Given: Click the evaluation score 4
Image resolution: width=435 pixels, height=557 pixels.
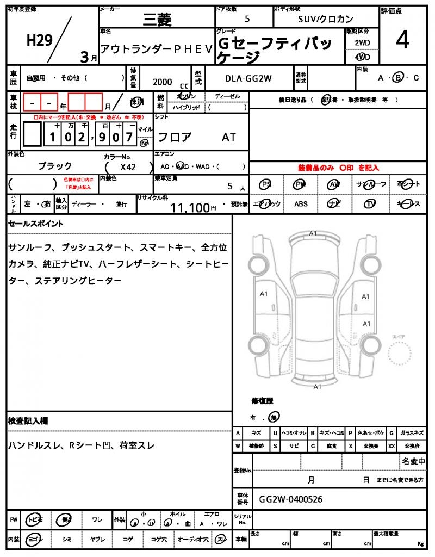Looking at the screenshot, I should tap(402, 41).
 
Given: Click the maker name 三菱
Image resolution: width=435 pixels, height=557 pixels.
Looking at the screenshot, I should tap(157, 20).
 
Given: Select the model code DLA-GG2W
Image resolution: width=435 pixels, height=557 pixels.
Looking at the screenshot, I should tap(248, 78).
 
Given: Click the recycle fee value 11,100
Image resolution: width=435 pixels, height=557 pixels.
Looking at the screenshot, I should tap(190, 207).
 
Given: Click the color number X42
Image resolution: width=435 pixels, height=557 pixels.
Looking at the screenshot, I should tap(128, 168).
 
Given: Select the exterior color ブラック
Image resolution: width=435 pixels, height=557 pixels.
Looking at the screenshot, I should tap(55, 166).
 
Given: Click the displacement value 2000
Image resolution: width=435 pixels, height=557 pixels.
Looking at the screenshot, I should tap(163, 82).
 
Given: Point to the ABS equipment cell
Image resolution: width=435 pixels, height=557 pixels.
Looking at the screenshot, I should tap(301, 204).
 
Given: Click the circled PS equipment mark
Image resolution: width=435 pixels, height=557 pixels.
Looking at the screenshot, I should tap(266, 184).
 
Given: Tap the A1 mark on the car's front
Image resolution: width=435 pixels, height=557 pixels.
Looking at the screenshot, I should tap(313, 234).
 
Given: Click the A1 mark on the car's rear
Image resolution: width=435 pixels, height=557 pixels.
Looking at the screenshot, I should tap(317, 387).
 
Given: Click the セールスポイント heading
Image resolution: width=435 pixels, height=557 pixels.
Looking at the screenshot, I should tap(36, 224).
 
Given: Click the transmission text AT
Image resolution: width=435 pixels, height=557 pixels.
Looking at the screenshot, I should tap(229, 138).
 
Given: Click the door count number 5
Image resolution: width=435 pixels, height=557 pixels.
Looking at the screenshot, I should tap(247, 19).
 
